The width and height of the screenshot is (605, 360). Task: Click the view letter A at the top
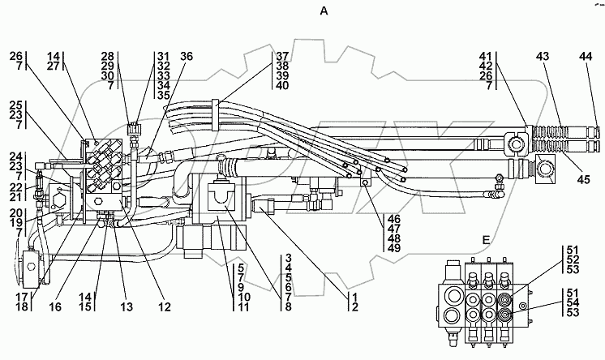tap(324, 11)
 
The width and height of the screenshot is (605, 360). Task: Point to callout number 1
tap(354, 297)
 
